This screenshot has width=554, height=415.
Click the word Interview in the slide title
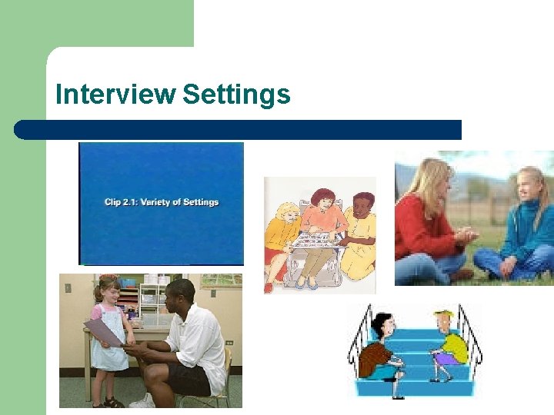[x=115, y=95]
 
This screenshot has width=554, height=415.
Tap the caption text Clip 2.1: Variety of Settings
[x=162, y=202]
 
